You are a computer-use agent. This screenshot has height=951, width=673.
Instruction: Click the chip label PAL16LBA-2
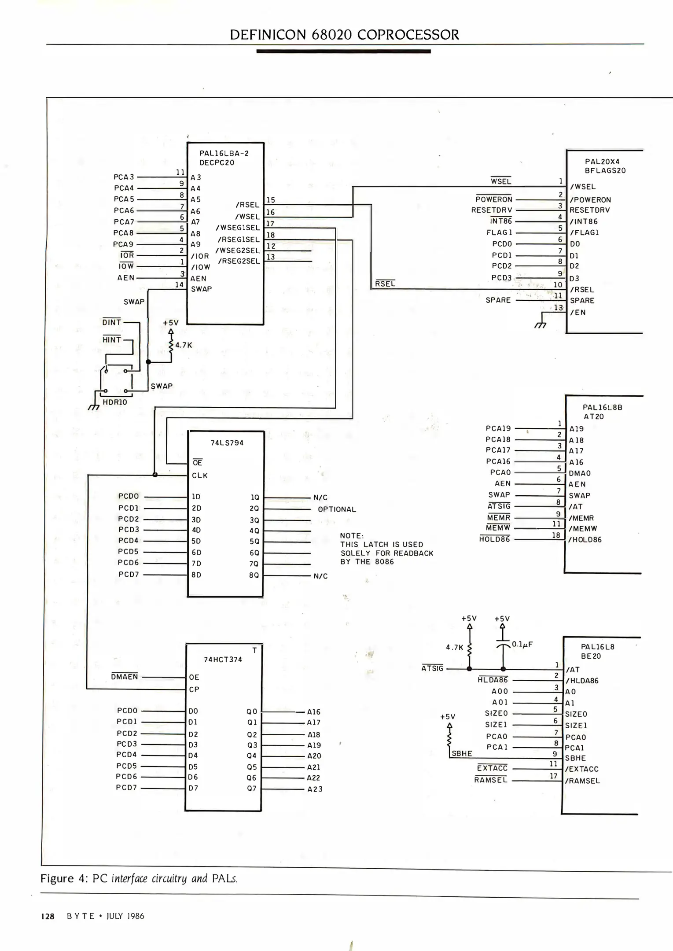(x=224, y=154)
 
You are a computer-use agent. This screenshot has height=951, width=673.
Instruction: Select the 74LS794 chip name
(x=227, y=443)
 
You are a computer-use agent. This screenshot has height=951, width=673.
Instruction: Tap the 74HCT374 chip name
(x=223, y=660)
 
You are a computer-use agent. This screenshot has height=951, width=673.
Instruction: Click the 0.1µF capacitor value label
(x=522, y=644)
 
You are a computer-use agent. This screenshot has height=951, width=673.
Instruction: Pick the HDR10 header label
(x=114, y=402)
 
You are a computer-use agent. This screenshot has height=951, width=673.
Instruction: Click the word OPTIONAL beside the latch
(x=337, y=509)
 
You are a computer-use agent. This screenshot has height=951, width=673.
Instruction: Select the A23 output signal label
(x=315, y=789)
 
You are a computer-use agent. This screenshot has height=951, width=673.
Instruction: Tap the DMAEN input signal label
(x=124, y=677)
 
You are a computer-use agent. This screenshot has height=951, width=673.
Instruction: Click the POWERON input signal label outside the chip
(x=494, y=199)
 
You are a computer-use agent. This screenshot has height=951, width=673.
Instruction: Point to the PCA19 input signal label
(x=498, y=428)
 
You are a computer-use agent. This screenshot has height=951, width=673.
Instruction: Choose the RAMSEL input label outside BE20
(x=491, y=780)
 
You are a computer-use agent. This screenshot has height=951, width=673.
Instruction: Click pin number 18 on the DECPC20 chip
(x=270, y=235)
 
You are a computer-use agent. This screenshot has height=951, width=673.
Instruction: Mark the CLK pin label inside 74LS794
(x=199, y=475)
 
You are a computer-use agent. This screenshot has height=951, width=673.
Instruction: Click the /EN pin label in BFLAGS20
(x=577, y=313)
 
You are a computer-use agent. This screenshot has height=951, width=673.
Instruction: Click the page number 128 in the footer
(x=48, y=916)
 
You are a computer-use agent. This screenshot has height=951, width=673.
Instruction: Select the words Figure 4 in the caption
(x=64, y=878)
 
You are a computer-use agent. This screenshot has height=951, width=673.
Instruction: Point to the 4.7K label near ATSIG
(x=455, y=648)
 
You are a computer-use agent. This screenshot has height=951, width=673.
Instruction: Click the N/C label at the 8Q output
(x=320, y=576)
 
